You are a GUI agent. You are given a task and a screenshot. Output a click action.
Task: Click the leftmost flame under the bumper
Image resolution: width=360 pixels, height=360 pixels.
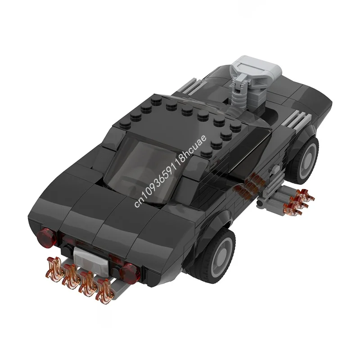(54, 265)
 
